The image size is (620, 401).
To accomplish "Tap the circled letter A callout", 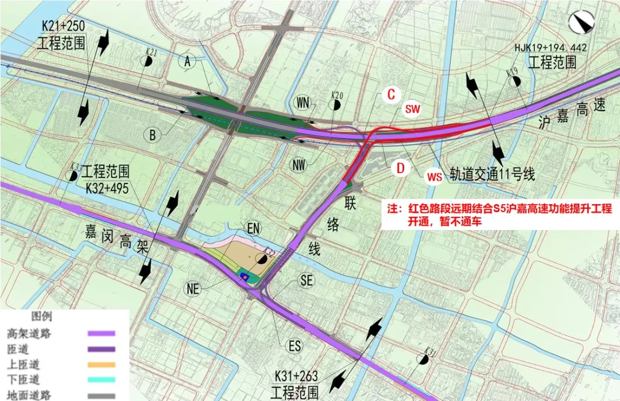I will coord(187,62).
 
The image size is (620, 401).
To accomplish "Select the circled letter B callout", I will coord(152,135).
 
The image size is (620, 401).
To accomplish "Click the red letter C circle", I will coord(391,95).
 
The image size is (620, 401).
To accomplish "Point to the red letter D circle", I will coord(401,168).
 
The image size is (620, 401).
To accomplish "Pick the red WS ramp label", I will coord(435,177).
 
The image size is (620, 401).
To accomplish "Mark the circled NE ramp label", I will coord(193,290).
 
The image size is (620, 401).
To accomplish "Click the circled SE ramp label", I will coord(307,280).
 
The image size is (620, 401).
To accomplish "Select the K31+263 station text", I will coord(296,376).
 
